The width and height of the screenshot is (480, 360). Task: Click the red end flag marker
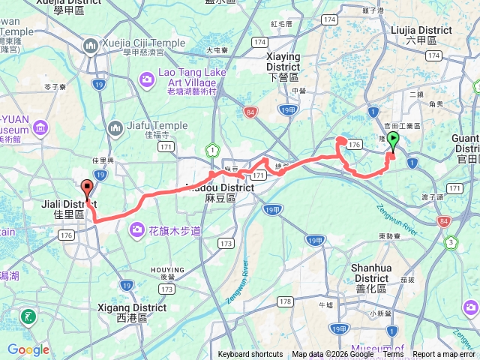click(x=87, y=189)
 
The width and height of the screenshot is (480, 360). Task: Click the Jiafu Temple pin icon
click(x=115, y=128)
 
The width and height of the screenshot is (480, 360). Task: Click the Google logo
click(x=28, y=349)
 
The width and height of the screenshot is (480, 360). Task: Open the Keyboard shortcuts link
click(x=250, y=355)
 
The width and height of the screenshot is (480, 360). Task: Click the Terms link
click(x=394, y=355)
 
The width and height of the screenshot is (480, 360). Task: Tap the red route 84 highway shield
click(x=250, y=112)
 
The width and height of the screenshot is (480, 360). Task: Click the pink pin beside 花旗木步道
click(x=138, y=229)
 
